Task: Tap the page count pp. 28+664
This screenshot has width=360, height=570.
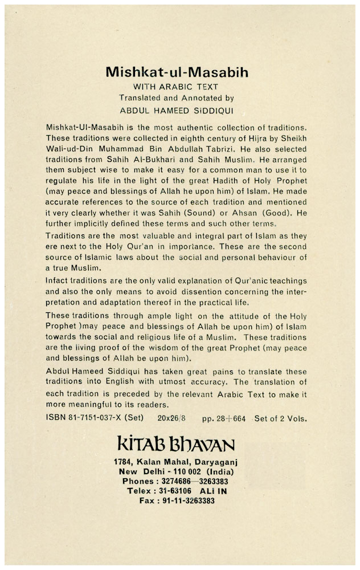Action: click(x=224, y=418)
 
